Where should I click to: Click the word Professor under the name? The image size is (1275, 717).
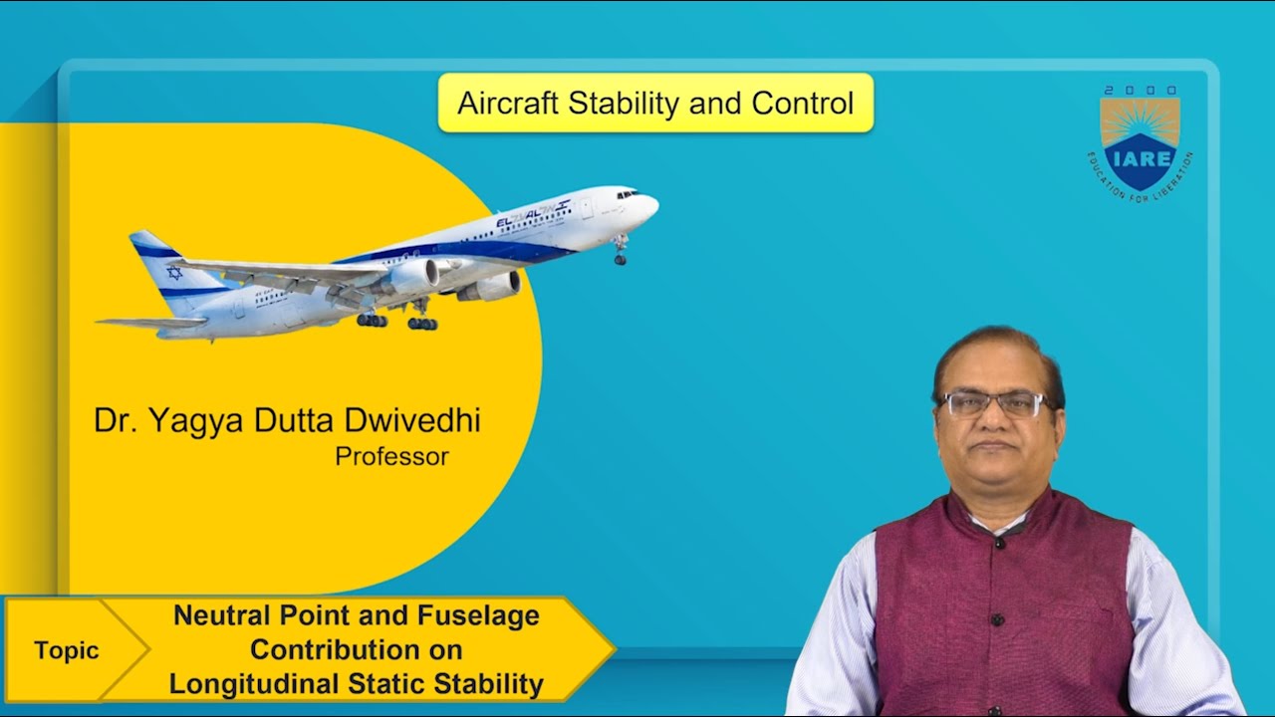pos(391,457)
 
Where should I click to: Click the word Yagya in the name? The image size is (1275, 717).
pos(187,421)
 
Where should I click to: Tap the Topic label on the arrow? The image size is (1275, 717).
pos(67,650)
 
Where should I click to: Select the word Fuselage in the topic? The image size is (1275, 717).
pos(475,615)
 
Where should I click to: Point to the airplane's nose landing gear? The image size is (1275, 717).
pos(621,252)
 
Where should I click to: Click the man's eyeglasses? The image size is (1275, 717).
pos(993,403)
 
